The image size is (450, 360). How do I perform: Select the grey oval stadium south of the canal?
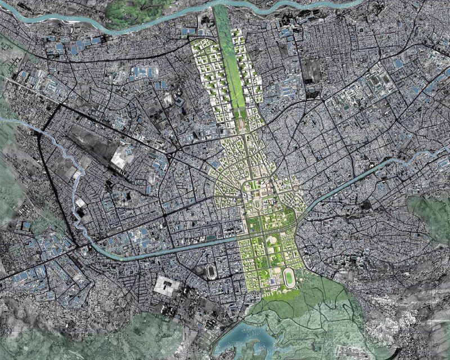click(211, 271)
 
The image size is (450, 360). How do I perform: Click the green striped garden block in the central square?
click(256, 226)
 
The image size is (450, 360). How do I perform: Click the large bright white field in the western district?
click(119, 158)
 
